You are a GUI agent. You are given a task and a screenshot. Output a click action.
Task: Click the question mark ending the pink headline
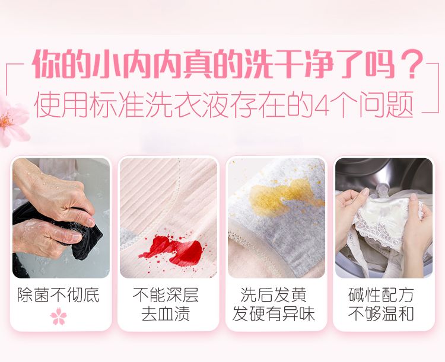click(x=410, y=64)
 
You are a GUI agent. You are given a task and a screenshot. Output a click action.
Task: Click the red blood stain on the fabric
click(x=172, y=249)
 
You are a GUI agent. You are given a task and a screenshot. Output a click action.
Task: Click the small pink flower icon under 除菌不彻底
click(x=59, y=316)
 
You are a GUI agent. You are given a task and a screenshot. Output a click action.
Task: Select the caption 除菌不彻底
click(x=59, y=295)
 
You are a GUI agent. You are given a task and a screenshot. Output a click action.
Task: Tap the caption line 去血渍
click(x=166, y=314)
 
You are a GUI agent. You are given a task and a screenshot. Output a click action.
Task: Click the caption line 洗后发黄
click(x=274, y=295)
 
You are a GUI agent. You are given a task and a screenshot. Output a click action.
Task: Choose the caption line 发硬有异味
click(x=274, y=314)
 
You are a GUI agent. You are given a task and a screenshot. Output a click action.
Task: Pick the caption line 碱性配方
click(x=381, y=295)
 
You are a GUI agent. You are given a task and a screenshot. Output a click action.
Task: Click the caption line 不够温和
click(x=381, y=314)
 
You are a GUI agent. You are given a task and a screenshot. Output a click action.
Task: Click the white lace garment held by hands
click(x=383, y=224)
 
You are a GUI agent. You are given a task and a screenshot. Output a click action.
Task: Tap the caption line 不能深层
click(x=166, y=295)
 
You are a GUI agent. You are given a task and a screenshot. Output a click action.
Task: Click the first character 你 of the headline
click(x=46, y=64)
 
